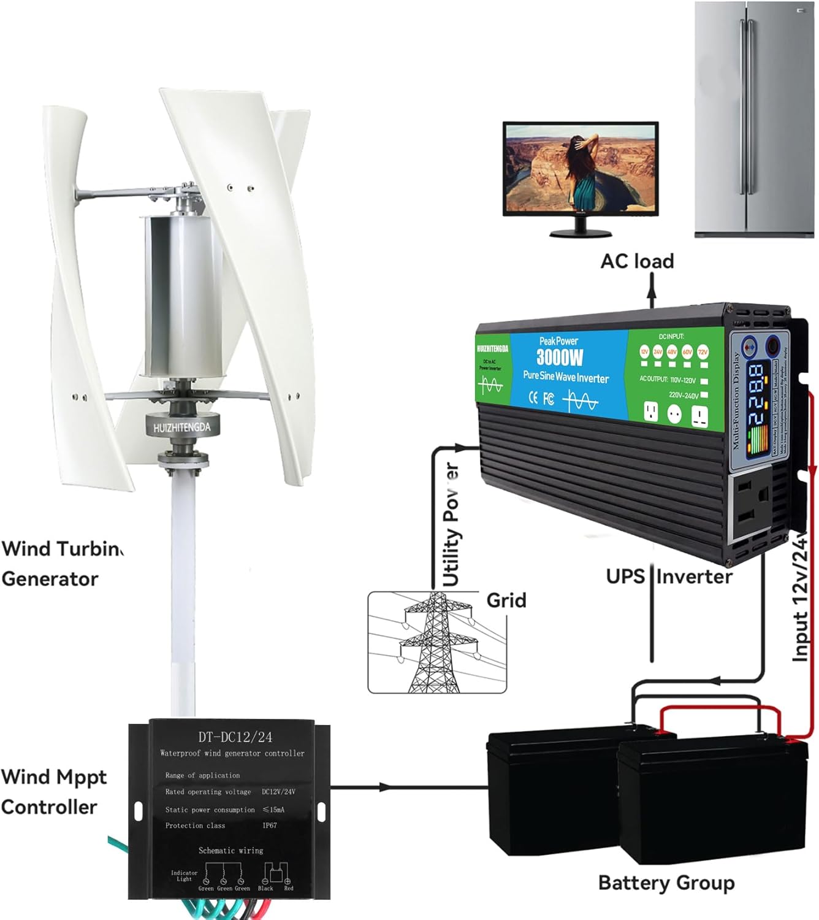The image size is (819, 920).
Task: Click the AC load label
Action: (x=637, y=261)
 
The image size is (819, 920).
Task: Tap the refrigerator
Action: (x=754, y=120)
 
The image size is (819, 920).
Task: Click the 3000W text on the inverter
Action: (x=560, y=357)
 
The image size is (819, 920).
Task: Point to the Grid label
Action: (x=506, y=600)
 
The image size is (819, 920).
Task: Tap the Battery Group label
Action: (x=666, y=883)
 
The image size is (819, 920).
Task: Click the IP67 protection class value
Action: (x=270, y=826)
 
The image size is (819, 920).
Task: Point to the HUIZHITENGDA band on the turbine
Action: (x=181, y=427)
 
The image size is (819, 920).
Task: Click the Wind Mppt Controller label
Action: (x=53, y=792)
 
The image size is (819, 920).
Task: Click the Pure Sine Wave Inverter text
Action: (x=565, y=377)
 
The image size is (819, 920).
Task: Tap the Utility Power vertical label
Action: (x=451, y=525)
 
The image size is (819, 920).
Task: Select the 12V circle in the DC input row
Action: (x=644, y=351)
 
